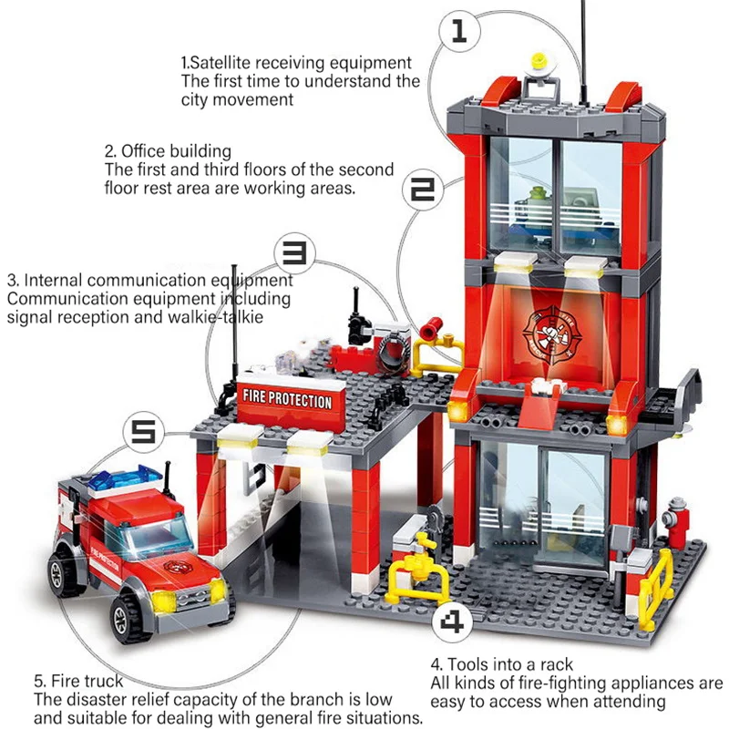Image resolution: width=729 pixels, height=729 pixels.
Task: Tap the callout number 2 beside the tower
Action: click(425, 189)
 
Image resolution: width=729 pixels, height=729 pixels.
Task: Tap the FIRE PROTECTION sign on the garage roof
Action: click(286, 398)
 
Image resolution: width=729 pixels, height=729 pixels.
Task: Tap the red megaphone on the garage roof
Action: click(433, 325)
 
